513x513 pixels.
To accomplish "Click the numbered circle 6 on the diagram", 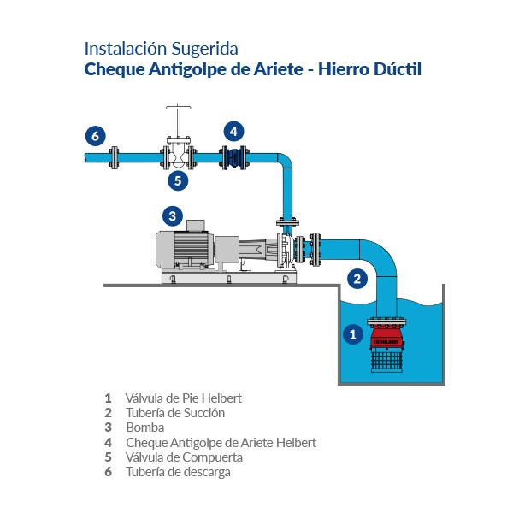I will point(96,136).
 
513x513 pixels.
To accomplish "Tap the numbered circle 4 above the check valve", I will point(233,131).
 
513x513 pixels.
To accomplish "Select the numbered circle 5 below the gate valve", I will point(177,180).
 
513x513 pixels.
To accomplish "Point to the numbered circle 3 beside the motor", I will point(173,215).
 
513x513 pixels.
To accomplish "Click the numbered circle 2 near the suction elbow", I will point(359,277).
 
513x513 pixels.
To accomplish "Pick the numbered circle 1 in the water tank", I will point(351,335).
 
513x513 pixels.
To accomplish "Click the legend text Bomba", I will point(144,427).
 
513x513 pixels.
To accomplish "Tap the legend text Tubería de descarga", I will point(178,472).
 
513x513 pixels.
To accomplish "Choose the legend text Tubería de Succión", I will point(175,413).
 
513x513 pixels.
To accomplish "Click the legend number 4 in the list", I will point(108,443).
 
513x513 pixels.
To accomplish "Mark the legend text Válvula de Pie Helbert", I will point(183,398).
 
